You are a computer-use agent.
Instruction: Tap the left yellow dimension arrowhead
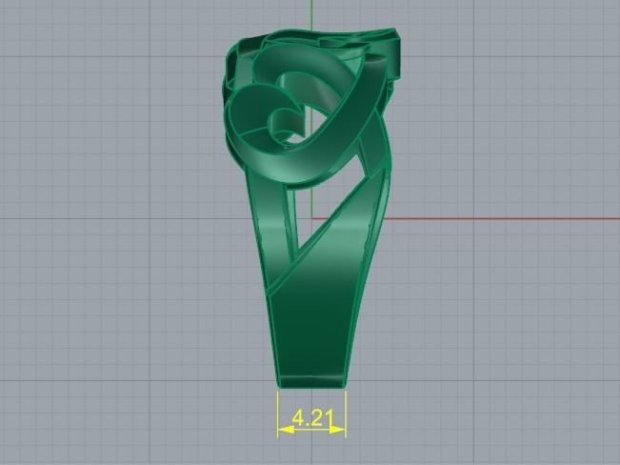coord(283,430)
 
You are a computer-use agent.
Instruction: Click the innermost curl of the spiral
coord(283,121)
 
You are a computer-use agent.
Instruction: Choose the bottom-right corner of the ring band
coord(345,384)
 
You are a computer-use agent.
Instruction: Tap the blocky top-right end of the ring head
coord(390,48)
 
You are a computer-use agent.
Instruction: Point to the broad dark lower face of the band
coord(314,305)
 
